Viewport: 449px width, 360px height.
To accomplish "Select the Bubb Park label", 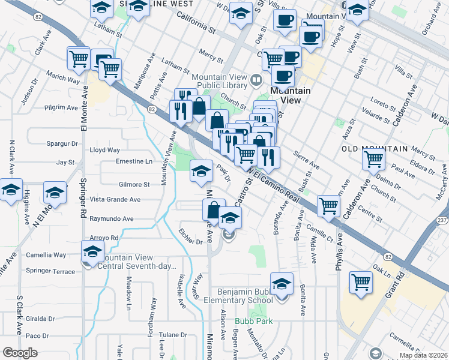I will tap(253, 321).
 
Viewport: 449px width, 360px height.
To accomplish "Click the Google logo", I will tap(20, 353).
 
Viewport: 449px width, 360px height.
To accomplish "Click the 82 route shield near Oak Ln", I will tap(389, 256).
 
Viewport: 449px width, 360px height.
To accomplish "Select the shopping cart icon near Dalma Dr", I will tap(374, 159).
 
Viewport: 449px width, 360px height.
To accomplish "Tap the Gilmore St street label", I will tap(134, 185).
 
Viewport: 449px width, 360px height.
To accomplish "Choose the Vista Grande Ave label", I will tap(115, 199).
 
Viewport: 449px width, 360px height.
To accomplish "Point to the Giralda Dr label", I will tap(40, 319).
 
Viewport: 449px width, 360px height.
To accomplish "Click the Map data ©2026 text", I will tap(424, 355).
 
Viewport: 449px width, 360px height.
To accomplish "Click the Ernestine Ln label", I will tap(134, 161).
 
